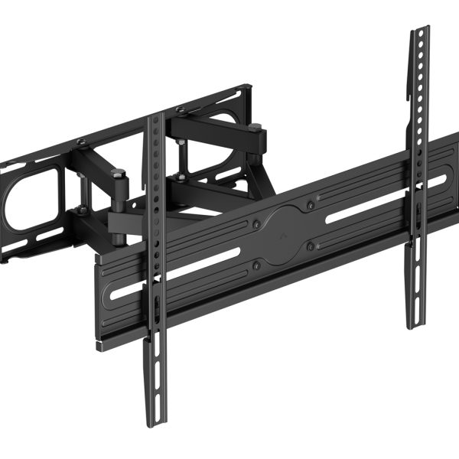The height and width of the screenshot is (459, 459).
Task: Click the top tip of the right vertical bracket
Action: (420, 30)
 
